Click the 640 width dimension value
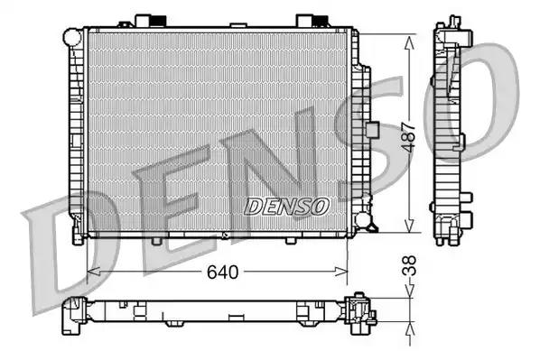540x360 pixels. coord(222,272)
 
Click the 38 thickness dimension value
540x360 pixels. coord(409,265)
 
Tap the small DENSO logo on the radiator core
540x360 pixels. coord(286,206)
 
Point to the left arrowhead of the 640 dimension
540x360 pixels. coord(94,272)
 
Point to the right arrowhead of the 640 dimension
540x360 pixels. coord(341,272)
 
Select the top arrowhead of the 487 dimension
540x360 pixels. coord(409,42)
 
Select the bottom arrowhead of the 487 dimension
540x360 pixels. coord(409,226)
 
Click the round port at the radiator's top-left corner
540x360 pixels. coord(71,37)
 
